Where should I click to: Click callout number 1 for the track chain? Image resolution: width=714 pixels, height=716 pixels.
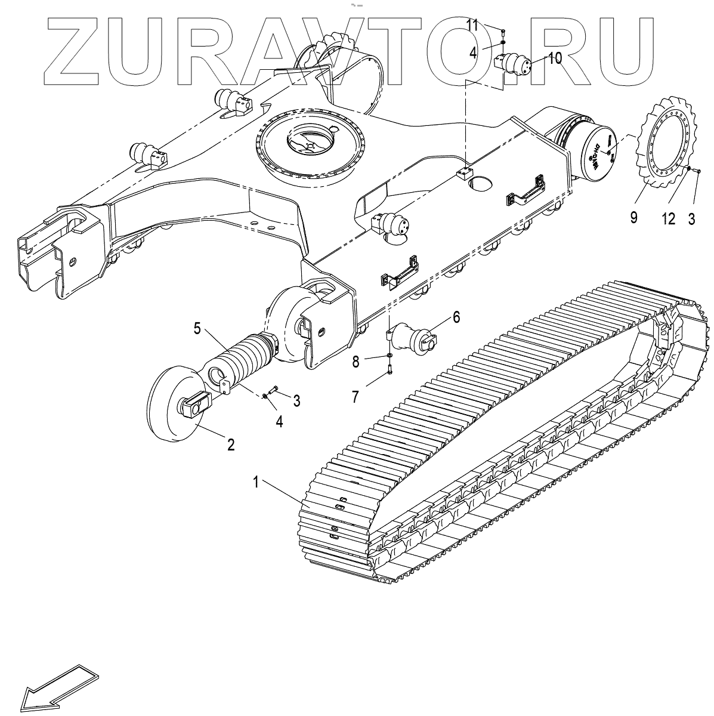pyautogui.click(x=256, y=483)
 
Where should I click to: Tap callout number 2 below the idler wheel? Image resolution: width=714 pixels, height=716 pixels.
pyautogui.click(x=230, y=444)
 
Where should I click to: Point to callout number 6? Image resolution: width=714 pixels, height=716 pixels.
pyautogui.click(x=456, y=317)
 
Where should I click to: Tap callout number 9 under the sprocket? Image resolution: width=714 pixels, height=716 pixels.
pyautogui.click(x=633, y=217)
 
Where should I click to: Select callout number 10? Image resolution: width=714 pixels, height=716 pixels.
pyautogui.click(x=555, y=58)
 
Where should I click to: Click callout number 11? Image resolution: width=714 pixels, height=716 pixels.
pyautogui.click(x=489, y=25)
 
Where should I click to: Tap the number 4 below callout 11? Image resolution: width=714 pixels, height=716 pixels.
pyautogui.click(x=473, y=52)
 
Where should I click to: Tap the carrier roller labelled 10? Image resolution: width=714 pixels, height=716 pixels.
pyautogui.click(x=515, y=63)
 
